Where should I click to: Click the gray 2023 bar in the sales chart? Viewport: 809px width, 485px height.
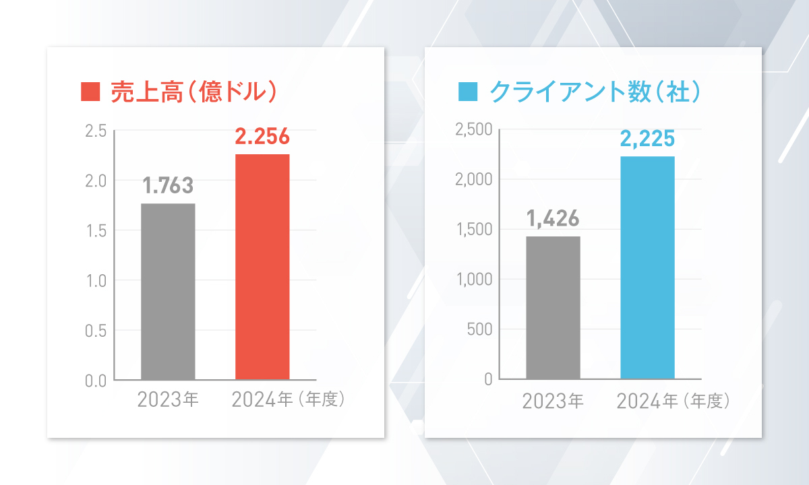tap(168, 291)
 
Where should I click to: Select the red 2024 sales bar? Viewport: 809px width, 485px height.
tap(262, 267)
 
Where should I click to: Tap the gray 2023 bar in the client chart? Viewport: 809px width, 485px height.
tap(553, 308)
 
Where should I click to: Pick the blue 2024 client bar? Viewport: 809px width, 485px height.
tap(647, 267)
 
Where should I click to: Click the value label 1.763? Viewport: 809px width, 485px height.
tap(168, 185)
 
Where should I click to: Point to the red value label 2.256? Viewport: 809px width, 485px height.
tap(262, 137)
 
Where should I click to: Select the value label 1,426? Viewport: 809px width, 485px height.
tap(553, 219)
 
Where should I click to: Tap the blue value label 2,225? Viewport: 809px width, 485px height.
tap(647, 139)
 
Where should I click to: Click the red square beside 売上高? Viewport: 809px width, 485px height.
tap(90, 91)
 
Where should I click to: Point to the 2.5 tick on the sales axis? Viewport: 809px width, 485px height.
tap(96, 131)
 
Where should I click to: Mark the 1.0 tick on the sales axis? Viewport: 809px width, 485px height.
tap(96, 280)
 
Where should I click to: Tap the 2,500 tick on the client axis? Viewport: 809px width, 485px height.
tap(475, 130)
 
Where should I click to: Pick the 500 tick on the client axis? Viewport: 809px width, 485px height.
tap(480, 329)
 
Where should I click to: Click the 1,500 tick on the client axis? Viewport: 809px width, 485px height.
tap(475, 230)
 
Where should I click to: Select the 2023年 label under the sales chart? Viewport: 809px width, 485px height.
tap(168, 400)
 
